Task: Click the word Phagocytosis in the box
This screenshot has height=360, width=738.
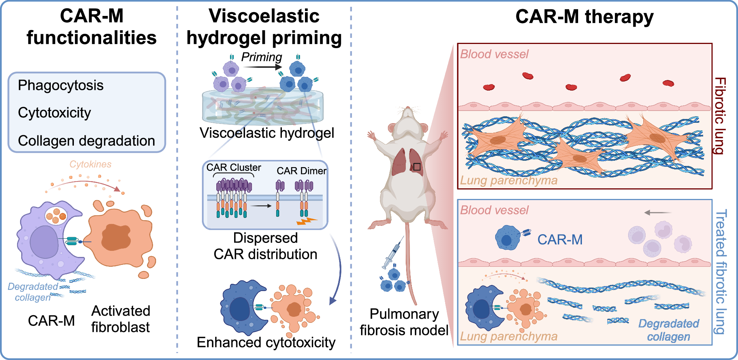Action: (x=61, y=85)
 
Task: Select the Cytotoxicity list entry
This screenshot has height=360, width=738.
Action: (x=54, y=113)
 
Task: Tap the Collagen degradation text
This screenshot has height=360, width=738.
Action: (x=86, y=141)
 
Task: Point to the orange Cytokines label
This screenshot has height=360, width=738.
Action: (x=90, y=164)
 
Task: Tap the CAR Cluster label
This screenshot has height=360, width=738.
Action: (x=233, y=167)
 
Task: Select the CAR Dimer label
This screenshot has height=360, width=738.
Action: (x=301, y=171)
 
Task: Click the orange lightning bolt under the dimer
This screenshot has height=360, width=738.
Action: (x=306, y=221)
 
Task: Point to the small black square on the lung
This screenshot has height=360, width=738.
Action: (x=417, y=167)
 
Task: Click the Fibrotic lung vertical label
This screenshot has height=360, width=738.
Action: (x=719, y=116)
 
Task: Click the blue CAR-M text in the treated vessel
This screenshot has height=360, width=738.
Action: (x=560, y=239)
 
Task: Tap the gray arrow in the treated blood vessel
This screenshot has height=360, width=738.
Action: (x=657, y=213)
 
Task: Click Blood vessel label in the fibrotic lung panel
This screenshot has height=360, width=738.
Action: (x=494, y=54)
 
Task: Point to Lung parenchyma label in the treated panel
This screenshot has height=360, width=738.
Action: (x=508, y=336)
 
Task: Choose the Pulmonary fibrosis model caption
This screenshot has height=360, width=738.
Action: (x=404, y=322)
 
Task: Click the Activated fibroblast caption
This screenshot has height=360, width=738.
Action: (x=120, y=319)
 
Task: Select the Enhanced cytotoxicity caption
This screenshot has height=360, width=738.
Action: (x=266, y=343)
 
